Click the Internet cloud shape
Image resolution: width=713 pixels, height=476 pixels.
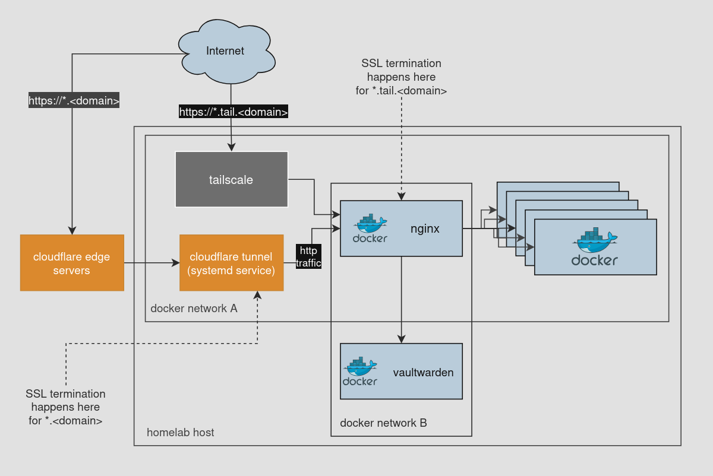[x=226, y=50]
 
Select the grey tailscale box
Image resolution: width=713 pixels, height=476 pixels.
[x=231, y=179]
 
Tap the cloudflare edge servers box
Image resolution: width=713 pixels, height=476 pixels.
[x=72, y=263]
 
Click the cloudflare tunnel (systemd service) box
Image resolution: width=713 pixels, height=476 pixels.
[x=231, y=263]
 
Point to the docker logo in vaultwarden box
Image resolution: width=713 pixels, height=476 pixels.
[x=360, y=372]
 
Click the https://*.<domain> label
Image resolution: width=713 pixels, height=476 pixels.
[x=74, y=100]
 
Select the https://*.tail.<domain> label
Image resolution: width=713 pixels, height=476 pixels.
[x=234, y=111]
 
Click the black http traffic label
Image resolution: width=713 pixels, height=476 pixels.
[x=308, y=256]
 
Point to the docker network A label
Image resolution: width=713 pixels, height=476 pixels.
[x=194, y=308]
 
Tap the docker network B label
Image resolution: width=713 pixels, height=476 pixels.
[x=383, y=423]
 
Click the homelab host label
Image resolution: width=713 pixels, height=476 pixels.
[x=181, y=432]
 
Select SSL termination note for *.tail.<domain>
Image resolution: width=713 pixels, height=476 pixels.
[x=402, y=77]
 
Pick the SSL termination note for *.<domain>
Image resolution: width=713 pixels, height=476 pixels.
[x=65, y=407]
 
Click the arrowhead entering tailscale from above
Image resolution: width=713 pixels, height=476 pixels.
[x=231, y=147]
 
